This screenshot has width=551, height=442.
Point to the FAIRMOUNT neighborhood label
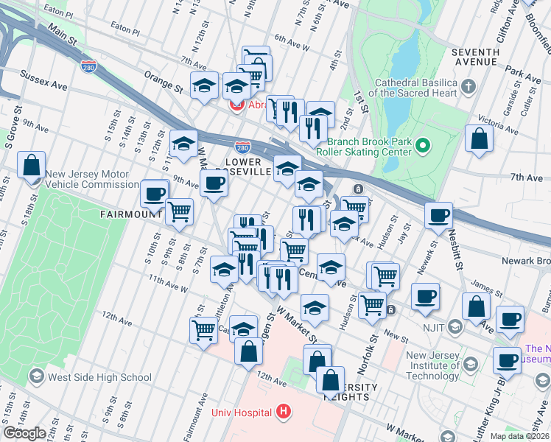click(x=130, y=214)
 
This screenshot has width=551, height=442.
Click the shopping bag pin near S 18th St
click(x=32, y=166)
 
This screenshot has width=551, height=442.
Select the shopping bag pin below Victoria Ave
click(x=479, y=139)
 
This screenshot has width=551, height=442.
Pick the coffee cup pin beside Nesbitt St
click(x=439, y=216)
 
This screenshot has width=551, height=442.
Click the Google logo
click(x=24, y=433)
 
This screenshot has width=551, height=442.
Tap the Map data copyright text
click(x=520, y=436)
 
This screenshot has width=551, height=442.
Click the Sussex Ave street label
click(x=43, y=81)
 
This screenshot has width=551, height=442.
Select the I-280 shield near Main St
click(x=88, y=66)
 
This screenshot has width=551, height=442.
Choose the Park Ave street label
click(x=524, y=76)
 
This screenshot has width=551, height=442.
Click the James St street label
click(x=487, y=285)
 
